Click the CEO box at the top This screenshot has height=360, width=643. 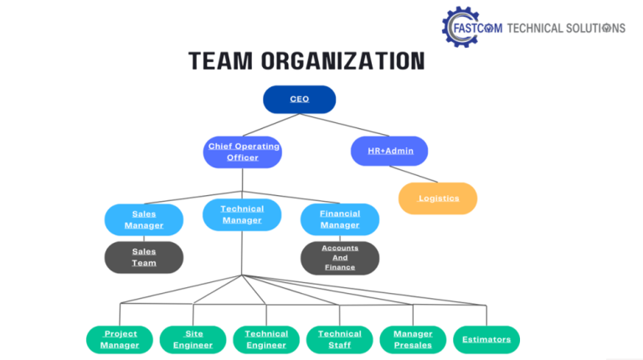pos(299,100)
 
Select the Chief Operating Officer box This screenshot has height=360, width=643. pos(243,152)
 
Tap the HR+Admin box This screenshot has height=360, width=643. pos(388,151)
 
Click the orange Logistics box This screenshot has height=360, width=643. pos(437,198)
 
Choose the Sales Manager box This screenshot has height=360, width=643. pos(143,219)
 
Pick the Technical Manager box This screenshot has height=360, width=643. pos(242,214)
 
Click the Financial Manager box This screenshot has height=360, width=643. pos(339,219)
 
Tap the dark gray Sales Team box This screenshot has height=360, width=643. pos(143,257)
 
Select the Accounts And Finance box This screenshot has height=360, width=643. pos(339,257)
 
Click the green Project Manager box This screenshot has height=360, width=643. pos(120,339)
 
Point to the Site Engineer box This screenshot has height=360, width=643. pos(193,339)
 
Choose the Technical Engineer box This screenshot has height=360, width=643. pos(266,339)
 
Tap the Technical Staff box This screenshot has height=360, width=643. pos(339,339)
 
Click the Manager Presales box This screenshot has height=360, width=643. pos(412,339)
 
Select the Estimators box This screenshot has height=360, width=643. pos(486,339)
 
